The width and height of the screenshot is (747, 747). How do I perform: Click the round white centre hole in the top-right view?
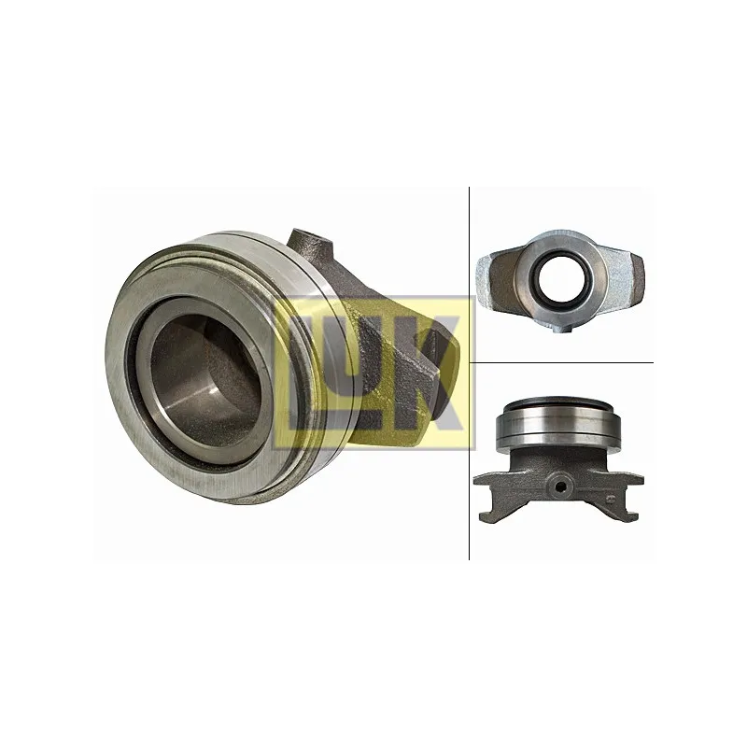558,278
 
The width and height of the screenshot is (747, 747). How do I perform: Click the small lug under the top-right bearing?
561,328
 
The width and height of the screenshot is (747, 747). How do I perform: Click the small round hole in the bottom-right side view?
562,486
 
